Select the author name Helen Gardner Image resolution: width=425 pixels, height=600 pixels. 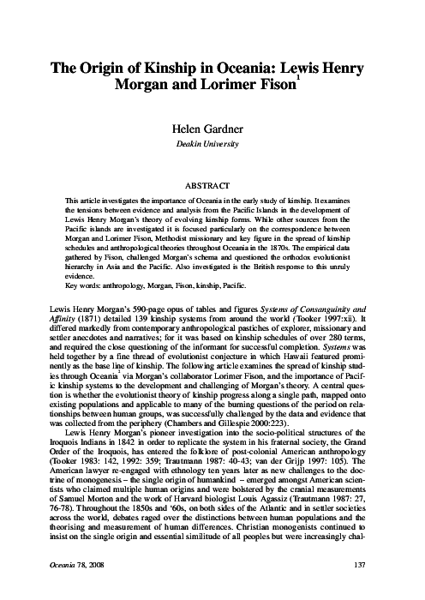click(x=212, y=129)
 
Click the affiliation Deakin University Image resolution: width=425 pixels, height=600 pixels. click(x=212, y=144)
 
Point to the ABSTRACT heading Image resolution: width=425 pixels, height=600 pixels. click(x=212, y=183)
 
